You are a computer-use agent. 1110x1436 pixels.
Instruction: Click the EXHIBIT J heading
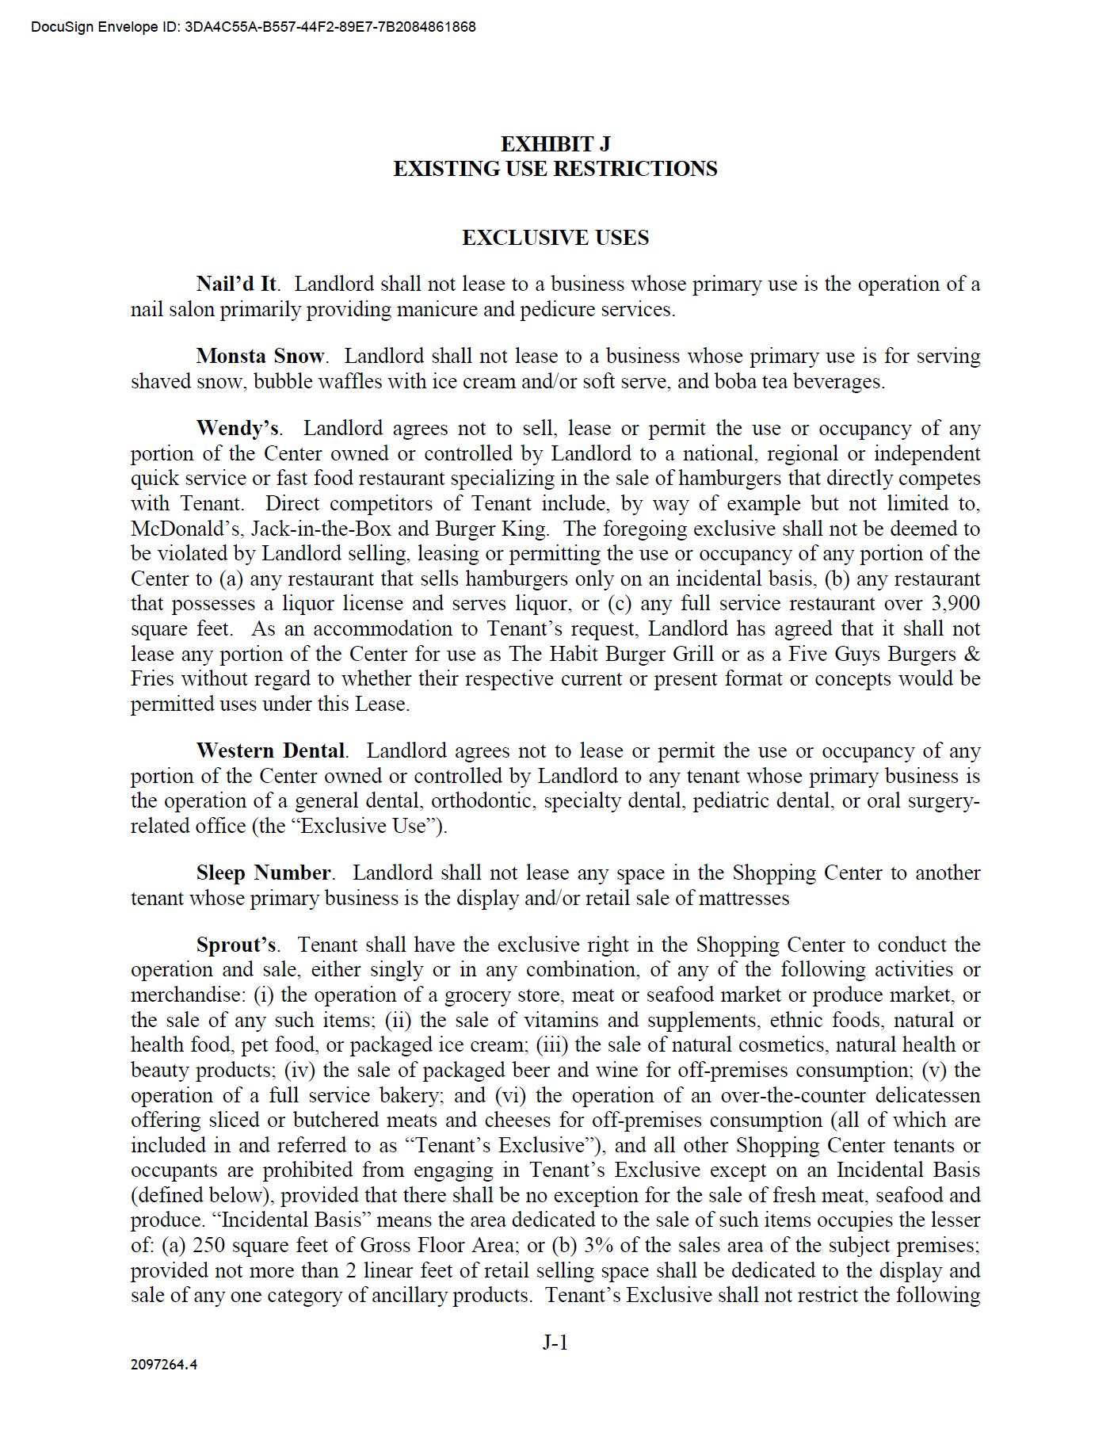pos(555,144)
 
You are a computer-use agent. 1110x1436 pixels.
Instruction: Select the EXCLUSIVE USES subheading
pos(555,238)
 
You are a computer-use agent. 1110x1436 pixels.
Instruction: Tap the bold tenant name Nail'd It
pos(236,285)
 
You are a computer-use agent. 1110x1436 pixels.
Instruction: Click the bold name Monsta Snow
pos(260,357)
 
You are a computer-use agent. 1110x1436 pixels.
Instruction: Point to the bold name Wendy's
pos(237,429)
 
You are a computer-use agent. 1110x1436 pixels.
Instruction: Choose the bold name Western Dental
pos(270,750)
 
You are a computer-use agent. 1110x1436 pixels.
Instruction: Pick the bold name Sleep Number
pos(263,873)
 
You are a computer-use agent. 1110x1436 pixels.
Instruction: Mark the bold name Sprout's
pos(235,945)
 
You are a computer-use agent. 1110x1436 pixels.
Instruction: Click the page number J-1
pos(555,1342)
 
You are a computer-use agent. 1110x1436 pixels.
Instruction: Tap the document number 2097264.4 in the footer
pos(164,1365)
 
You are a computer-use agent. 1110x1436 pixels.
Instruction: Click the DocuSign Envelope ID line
pos(254,27)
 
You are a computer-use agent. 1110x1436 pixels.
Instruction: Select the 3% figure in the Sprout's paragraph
pos(600,1246)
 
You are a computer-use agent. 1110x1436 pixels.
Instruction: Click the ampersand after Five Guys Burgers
pos(973,655)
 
